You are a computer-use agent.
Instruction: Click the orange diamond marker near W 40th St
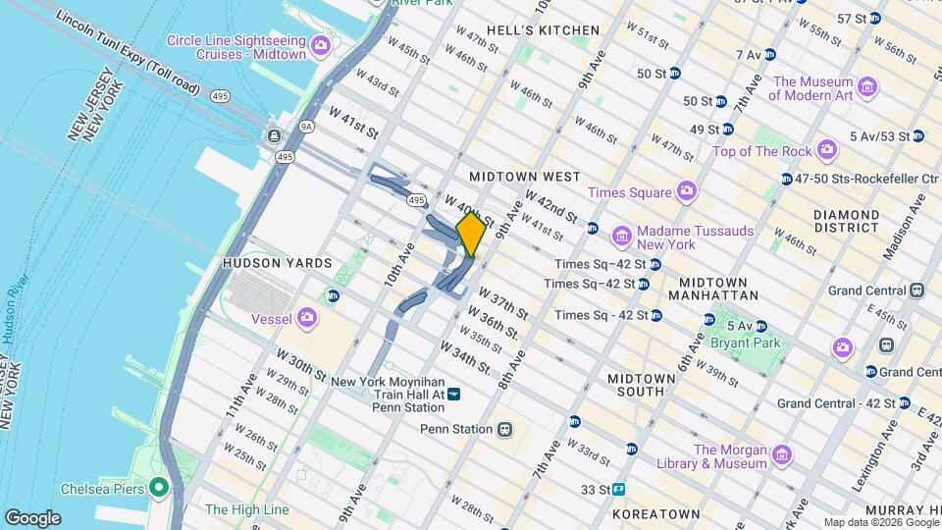coord(471,234)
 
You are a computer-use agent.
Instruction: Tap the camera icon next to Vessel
coord(307,317)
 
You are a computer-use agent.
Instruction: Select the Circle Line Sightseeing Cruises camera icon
coord(320,46)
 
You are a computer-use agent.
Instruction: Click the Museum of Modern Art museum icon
coord(867,88)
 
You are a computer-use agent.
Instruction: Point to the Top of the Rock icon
coord(827,150)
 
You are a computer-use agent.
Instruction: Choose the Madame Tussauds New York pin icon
coord(620,237)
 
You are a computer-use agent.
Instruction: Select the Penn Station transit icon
coord(504,429)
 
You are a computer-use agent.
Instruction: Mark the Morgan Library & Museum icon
coord(781,455)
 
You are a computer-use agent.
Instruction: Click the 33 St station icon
coord(619,489)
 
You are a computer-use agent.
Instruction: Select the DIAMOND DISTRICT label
coord(846,221)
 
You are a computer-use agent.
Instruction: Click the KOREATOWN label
coord(655,513)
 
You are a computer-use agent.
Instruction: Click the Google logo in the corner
coord(32,518)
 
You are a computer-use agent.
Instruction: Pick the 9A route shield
coord(306,126)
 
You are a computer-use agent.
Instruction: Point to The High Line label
coord(246,509)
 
